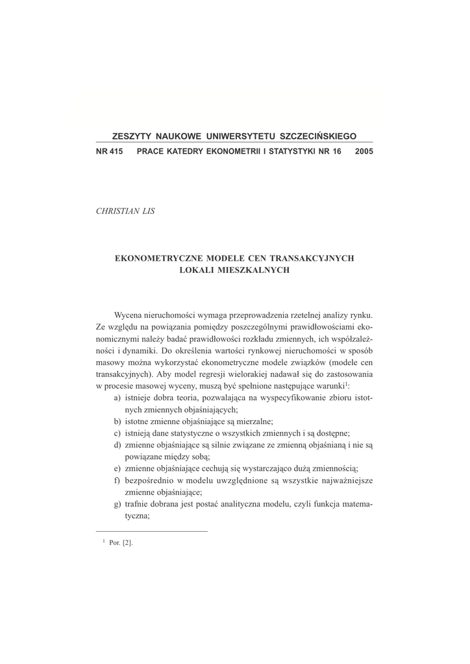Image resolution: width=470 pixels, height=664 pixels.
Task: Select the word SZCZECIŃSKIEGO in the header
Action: coord(317,137)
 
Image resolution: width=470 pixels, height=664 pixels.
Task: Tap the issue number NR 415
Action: coord(109,151)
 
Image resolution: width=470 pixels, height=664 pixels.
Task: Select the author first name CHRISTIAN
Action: coord(116,211)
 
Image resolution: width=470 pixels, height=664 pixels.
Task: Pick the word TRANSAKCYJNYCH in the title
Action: coord(314,257)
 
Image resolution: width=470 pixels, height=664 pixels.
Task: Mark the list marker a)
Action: coord(117,397)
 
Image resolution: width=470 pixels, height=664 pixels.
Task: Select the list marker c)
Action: coord(117,433)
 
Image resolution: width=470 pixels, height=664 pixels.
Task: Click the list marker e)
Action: coord(117,468)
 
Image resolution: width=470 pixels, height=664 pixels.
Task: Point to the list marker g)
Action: coord(117,504)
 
